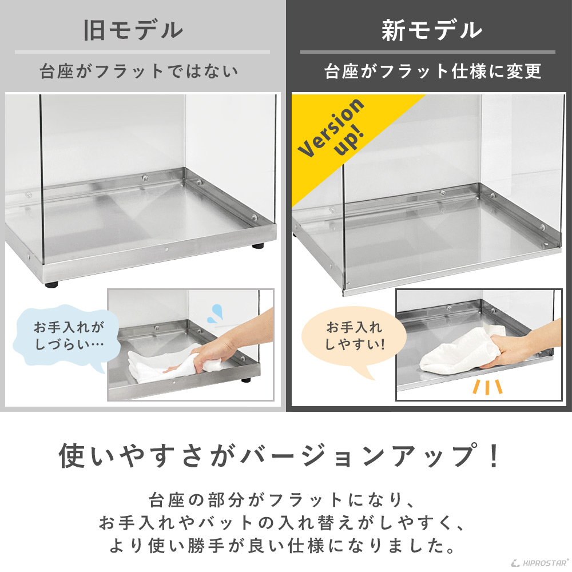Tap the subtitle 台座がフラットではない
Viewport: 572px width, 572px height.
click(139, 72)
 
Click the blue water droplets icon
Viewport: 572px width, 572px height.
click(215, 312)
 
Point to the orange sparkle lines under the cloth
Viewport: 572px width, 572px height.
click(487, 387)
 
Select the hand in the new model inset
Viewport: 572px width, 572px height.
click(521, 349)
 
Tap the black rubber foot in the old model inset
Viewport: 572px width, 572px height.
click(247, 380)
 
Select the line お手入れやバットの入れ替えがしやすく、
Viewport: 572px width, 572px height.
click(280, 523)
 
